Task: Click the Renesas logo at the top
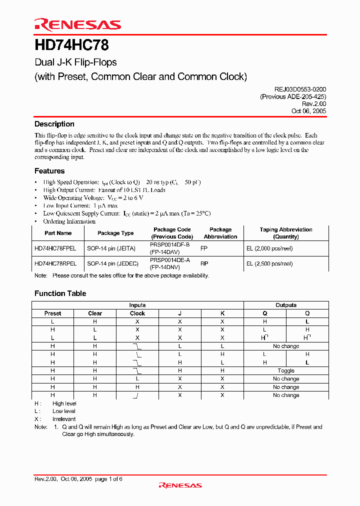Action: point(77,24)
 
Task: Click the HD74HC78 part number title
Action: point(71,46)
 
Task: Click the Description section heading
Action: point(54,124)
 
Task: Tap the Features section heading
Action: point(49,171)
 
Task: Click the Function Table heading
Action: point(60,293)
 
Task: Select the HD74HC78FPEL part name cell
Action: point(55,248)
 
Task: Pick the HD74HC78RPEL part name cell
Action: point(55,263)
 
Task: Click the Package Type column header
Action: point(115,233)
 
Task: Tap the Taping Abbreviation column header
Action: point(286,233)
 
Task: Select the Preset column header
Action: point(52,313)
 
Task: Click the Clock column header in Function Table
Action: point(137,313)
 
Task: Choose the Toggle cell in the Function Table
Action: point(286,371)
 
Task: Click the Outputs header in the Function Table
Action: point(286,305)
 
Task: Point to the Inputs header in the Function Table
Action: point(137,305)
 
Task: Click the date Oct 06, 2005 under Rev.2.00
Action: point(308,111)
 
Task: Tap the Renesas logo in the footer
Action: point(180,485)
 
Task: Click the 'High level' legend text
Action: point(64,403)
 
